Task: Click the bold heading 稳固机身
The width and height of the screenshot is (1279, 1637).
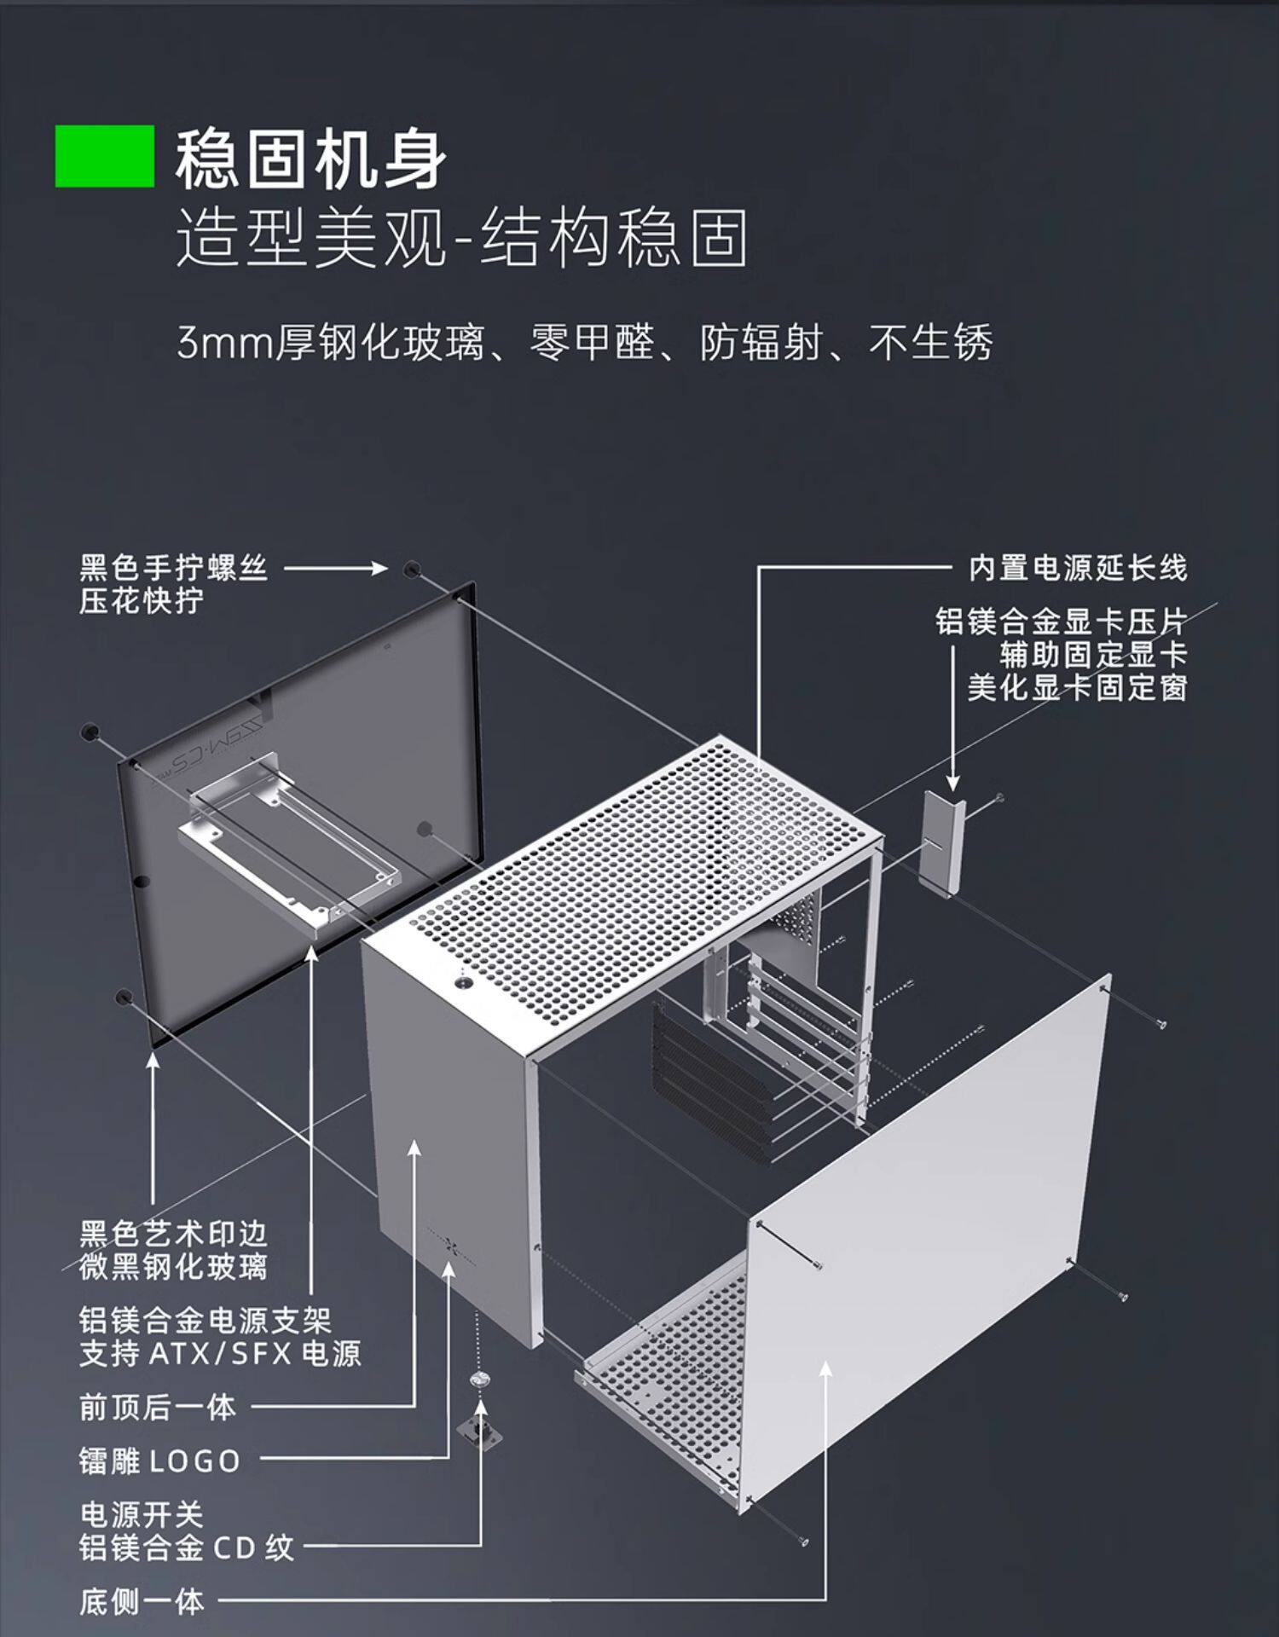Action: tap(311, 159)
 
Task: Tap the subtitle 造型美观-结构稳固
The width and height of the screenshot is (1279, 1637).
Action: tap(461, 238)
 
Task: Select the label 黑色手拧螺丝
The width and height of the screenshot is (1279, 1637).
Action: tap(174, 568)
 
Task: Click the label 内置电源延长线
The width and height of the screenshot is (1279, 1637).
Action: tap(1078, 568)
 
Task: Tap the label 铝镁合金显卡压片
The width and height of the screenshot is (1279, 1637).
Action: tap(1061, 622)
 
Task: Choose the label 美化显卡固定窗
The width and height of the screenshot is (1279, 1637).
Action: tap(1078, 687)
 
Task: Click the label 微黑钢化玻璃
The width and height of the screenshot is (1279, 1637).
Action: tap(174, 1266)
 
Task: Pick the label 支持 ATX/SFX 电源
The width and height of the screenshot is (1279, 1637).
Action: tap(220, 1353)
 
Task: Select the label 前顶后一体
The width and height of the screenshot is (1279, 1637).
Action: tap(158, 1407)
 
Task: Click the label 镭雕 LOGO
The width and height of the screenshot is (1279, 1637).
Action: tap(160, 1461)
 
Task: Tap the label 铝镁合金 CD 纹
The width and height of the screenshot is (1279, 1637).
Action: tap(187, 1547)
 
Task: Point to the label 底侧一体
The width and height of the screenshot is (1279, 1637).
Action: tap(142, 1602)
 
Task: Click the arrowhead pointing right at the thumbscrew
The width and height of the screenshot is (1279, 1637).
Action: tap(380, 568)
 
